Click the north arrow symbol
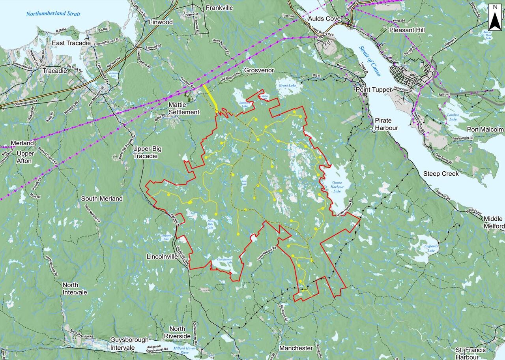[x=495, y=17]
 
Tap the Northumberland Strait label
[x=53, y=14]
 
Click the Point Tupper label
[x=374, y=90]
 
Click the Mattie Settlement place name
[x=184, y=108]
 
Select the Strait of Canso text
[x=370, y=61]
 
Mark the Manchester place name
[x=296, y=348]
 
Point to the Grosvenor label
[x=259, y=70]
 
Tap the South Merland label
[x=102, y=199]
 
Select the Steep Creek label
[x=441, y=173]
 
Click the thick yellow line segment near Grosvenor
[x=211, y=97]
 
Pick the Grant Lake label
[x=287, y=85]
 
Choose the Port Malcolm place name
[x=485, y=129]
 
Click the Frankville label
[x=219, y=8]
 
